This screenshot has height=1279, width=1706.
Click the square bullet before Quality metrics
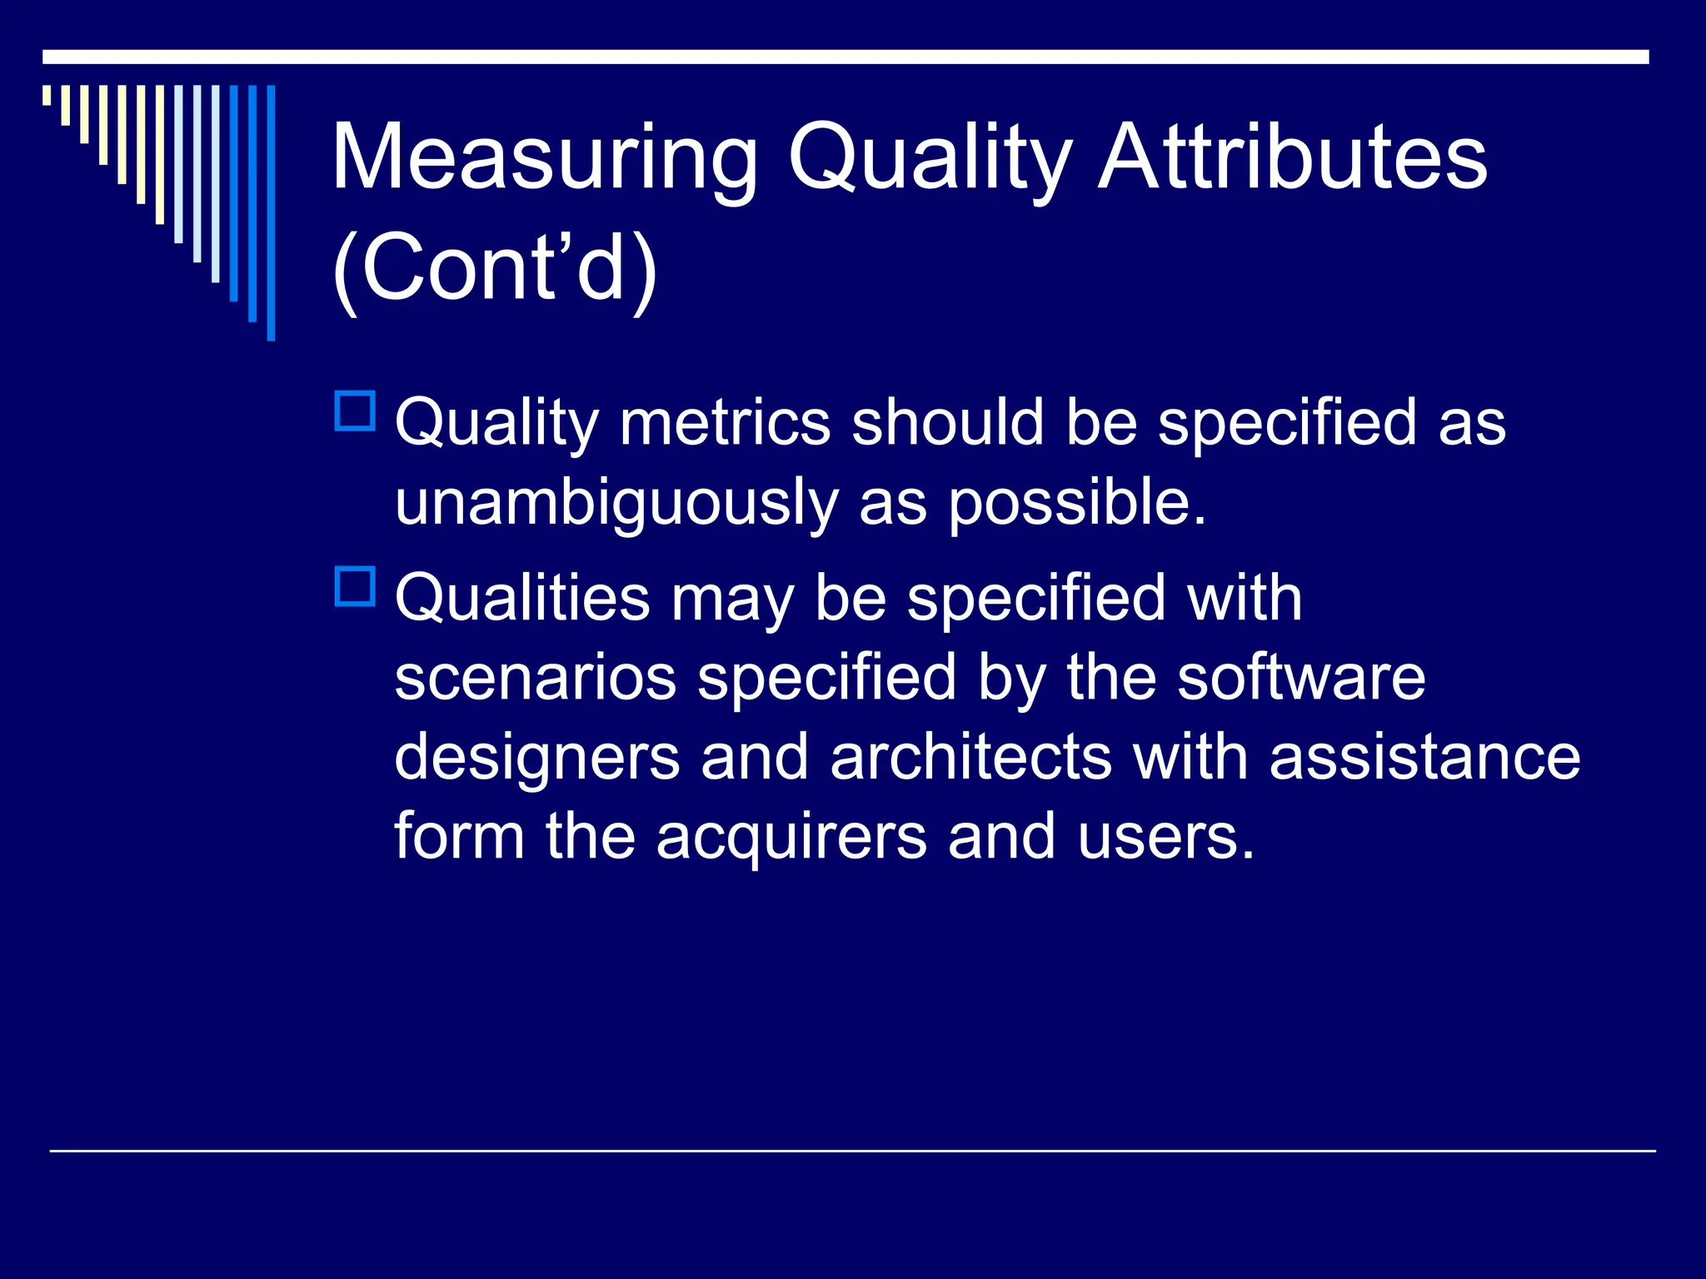tap(355, 411)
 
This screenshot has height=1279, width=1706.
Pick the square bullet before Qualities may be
tap(355, 587)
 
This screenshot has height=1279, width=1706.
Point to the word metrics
tap(725, 422)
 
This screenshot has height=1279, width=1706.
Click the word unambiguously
tap(616, 503)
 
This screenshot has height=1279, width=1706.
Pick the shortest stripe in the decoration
tap(47, 95)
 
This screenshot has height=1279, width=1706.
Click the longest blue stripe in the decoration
tap(271, 212)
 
